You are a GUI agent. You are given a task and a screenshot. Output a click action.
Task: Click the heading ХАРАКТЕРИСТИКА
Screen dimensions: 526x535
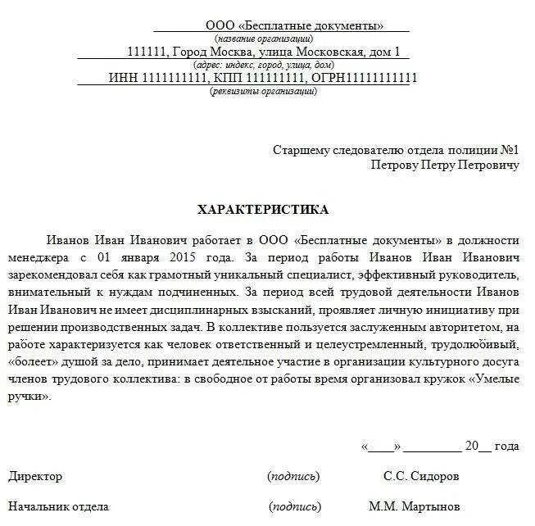click(263, 210)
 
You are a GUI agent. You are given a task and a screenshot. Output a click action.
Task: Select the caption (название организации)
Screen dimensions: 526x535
click(263, 39)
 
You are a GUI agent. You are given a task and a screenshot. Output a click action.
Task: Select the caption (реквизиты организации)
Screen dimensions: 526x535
click(263, 91)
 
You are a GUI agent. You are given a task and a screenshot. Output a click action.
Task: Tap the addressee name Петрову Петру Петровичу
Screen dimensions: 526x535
click(445, 165)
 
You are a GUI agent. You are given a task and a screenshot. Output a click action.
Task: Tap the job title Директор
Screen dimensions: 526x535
click(35, 476)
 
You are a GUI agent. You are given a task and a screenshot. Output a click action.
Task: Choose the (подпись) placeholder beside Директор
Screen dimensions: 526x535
click(292, 476)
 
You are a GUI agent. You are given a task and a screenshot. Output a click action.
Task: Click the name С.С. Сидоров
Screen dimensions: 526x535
click(420, 476)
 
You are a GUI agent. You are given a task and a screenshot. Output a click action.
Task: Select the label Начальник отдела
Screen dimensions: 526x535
click(57, 506)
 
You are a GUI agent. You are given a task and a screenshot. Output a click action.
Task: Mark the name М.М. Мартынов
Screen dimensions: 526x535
click(414, 506)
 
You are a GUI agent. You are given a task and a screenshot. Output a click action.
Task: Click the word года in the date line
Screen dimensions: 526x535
click(506, 447)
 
